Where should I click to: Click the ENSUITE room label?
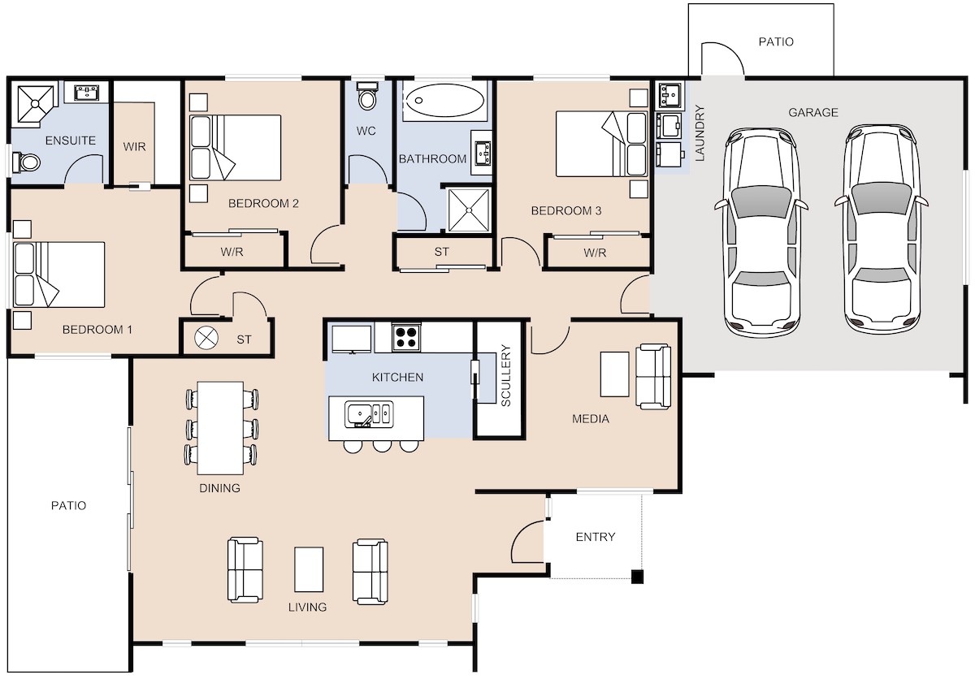coord(71,141)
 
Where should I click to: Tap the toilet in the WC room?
coord(368,96)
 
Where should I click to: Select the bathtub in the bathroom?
coord(444,101)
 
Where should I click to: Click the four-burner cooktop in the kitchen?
coord(406,337)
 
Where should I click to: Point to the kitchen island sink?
coord(369,413)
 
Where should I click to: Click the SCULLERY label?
coord(505,375)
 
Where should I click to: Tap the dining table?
coord(220,428)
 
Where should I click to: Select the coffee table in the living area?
coord(309,569)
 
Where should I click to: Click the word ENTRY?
coord(596,537)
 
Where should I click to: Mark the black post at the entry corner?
coord(637,577)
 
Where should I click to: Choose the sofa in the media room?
coord(653,377)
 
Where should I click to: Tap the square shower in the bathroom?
coord(469,210)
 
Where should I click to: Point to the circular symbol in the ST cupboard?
coord(206,338)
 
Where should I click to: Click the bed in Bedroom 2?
coord(236,148)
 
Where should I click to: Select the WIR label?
coord(135,146)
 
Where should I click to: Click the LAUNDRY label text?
coord(700,133)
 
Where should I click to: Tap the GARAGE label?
coord(813,113)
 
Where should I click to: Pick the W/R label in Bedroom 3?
coord(595,253)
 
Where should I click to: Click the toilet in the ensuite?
coord(27,162)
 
